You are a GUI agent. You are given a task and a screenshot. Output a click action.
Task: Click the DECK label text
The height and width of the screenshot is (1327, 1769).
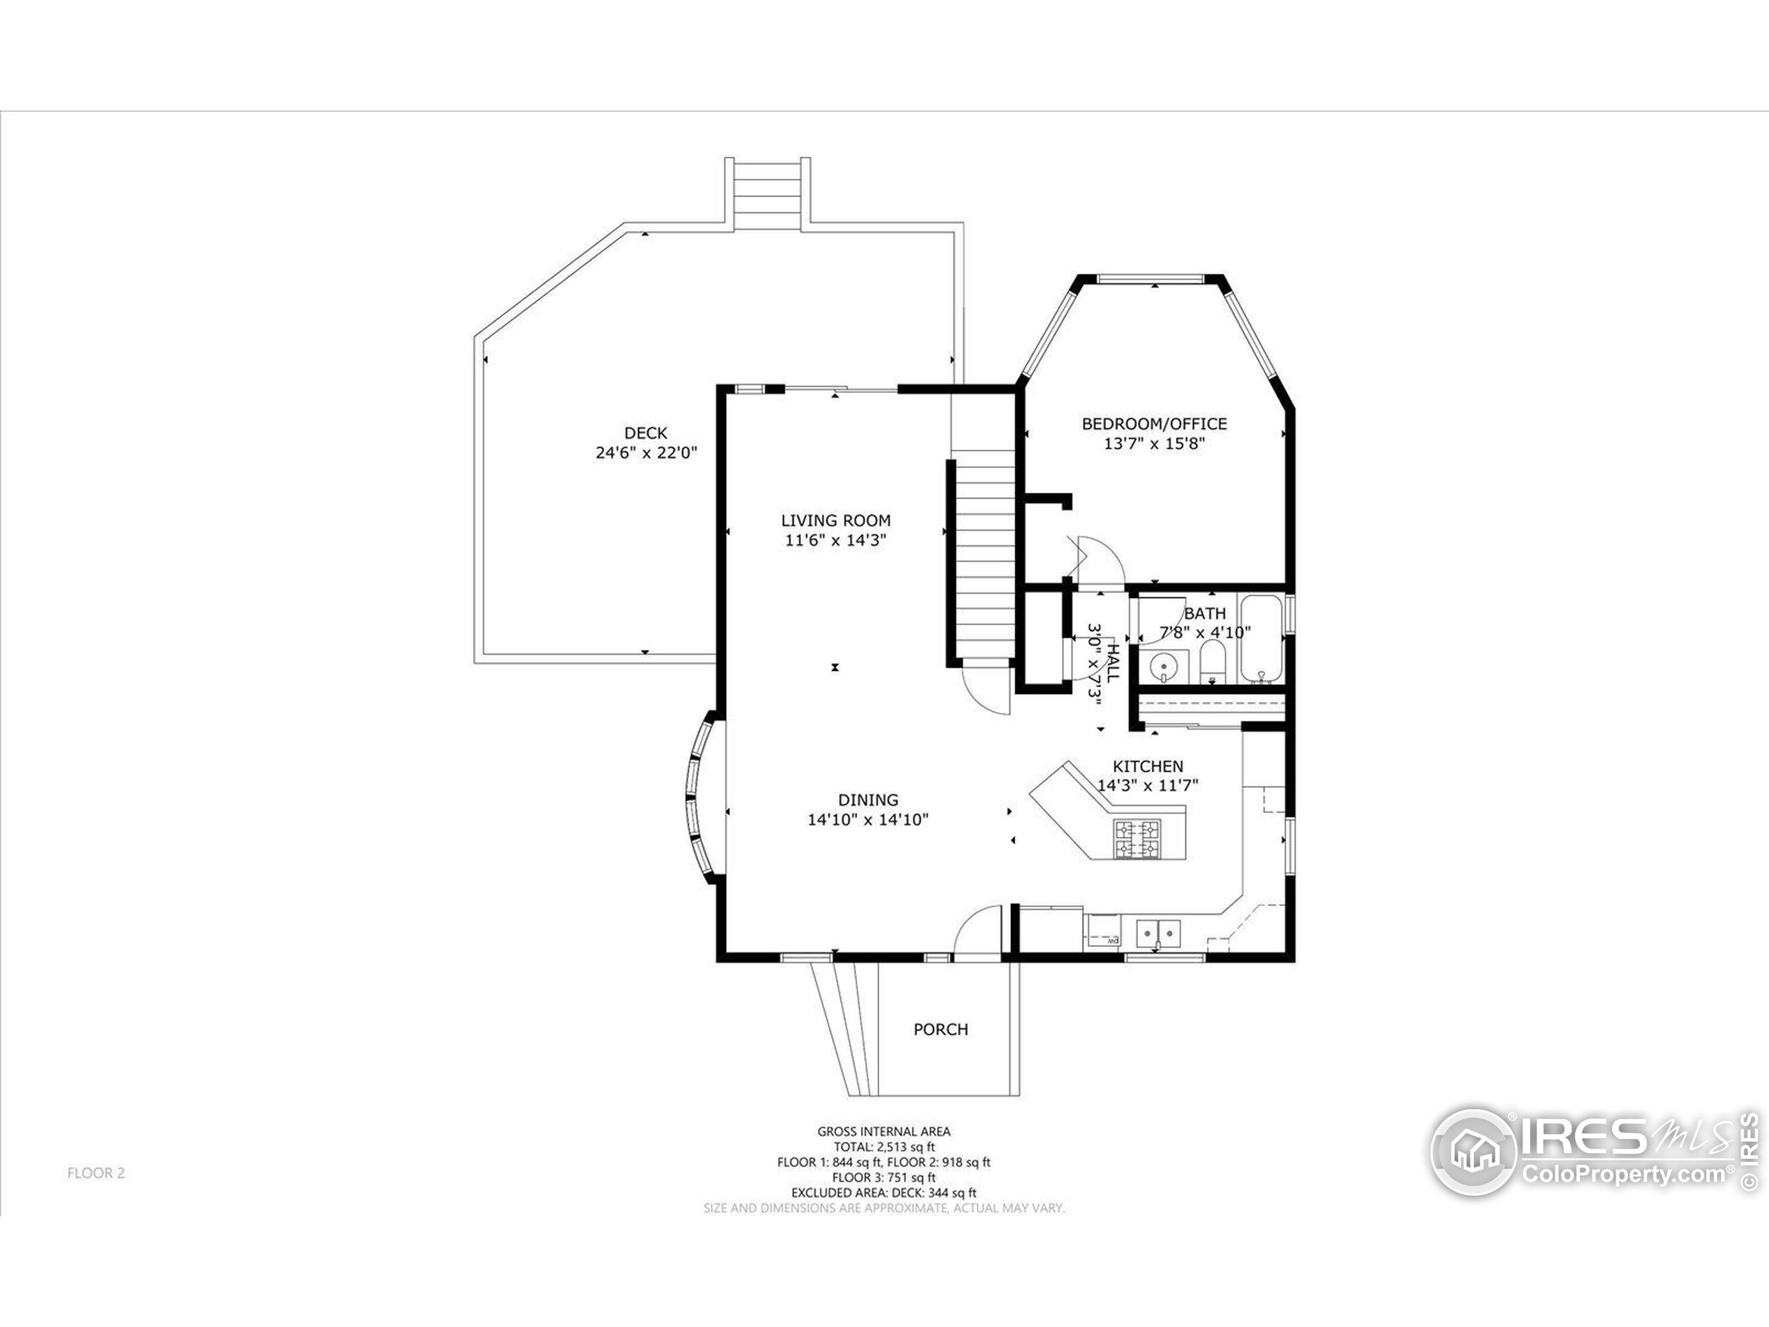645,433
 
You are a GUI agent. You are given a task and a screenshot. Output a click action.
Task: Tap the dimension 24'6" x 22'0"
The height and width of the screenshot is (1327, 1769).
645,453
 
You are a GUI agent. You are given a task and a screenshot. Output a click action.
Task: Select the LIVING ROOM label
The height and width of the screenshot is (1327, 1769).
835,520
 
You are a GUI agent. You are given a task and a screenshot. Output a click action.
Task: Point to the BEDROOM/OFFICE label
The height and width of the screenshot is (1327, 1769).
1154,423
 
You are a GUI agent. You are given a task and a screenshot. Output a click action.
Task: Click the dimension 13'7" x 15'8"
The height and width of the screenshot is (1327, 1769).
1154,443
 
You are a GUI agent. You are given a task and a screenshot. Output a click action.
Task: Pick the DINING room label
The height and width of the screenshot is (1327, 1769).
868,799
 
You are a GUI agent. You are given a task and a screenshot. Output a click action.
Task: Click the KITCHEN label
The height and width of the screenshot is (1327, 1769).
1148,766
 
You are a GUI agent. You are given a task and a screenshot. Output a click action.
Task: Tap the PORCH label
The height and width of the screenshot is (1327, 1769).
940,1029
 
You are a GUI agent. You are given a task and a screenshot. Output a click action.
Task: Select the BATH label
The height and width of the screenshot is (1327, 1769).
1204,614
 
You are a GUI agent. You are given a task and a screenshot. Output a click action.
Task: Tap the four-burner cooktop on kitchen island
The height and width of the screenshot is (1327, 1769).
1137,838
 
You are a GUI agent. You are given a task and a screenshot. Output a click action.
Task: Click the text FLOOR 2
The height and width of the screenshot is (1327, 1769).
96,1174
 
